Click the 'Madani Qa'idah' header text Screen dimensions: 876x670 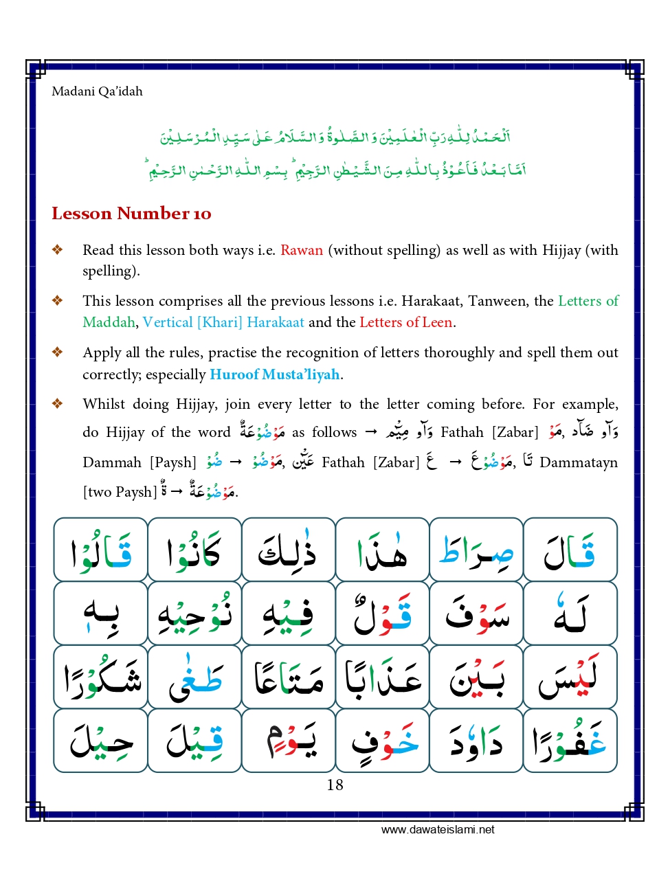tap(97, 91)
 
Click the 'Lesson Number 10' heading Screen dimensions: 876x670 tap(131, 214)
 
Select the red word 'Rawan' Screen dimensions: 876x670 tap(301, 250)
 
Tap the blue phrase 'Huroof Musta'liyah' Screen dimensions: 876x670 tap(274, 374)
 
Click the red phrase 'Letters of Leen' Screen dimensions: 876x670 tap(405, 322)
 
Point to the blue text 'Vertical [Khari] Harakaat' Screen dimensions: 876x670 tap(223, 322)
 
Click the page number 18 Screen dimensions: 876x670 tap(335, 785)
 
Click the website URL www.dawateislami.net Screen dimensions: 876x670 tap(438, 829)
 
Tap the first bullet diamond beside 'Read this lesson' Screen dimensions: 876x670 tap(58, 250)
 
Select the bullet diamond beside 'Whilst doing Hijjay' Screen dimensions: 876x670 tap(58, 404)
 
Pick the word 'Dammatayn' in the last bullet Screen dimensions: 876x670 tap(578, 462)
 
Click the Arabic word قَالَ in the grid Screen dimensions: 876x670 tap(570, 550)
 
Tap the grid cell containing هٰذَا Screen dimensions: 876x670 tap(382, 550)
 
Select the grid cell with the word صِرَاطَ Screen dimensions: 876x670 tap(476, 550)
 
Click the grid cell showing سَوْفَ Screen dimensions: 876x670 tap(476, 613)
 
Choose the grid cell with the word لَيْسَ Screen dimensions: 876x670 tap(570, 677)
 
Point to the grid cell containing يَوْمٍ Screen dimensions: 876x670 tap(289, 741)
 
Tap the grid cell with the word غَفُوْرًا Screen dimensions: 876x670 tap(570, 741)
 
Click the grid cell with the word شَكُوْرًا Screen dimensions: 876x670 tap(101, 677)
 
